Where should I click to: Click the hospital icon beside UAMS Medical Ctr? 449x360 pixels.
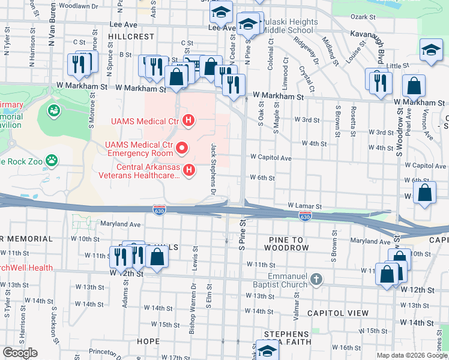point(189,121)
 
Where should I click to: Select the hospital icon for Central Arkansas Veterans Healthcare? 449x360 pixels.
point(189,171)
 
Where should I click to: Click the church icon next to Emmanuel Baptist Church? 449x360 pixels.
point(316,280)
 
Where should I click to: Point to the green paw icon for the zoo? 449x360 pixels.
point(53,160)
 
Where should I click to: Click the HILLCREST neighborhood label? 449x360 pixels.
point(131,37)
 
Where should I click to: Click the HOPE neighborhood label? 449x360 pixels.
point(148,341)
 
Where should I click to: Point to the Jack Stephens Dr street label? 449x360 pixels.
point(212,169)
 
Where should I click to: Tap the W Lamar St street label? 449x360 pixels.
point(305,206)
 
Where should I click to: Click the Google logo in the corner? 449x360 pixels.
point(20,353)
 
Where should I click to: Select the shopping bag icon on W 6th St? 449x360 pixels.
point(424,194)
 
